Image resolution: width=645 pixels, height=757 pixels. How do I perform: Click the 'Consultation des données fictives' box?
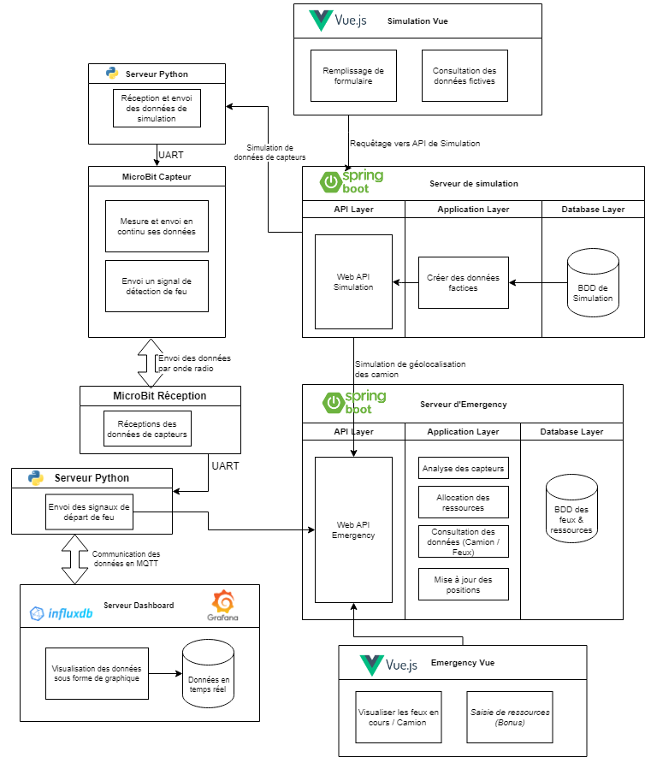click(465, 75)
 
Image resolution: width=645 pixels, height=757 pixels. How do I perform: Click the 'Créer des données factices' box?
click(463, 282)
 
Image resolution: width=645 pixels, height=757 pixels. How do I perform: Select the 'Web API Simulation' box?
click(353, 281)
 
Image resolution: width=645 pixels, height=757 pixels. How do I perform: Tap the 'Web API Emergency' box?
click(353, 529)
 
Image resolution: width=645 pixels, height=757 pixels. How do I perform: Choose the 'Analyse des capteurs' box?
click(463, 469)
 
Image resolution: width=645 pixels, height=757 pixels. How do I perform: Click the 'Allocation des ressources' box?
click(463, 502)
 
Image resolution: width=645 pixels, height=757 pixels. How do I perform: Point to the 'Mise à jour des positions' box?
click(463, 584)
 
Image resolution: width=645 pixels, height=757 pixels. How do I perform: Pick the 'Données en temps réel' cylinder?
click(208, 676)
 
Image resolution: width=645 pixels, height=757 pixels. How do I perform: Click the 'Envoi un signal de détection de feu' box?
click(157, 286)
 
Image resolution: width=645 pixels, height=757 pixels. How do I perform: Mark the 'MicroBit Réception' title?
click(160, 396)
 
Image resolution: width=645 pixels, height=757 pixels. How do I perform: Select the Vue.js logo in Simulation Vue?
click(338, 21)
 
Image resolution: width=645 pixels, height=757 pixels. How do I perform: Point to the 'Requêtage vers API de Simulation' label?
click(415, 143)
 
